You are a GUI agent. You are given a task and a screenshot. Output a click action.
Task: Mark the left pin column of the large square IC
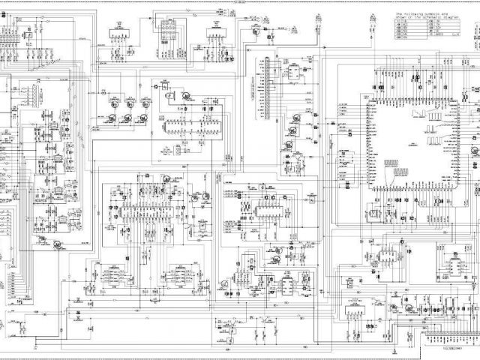coord(367,142)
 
